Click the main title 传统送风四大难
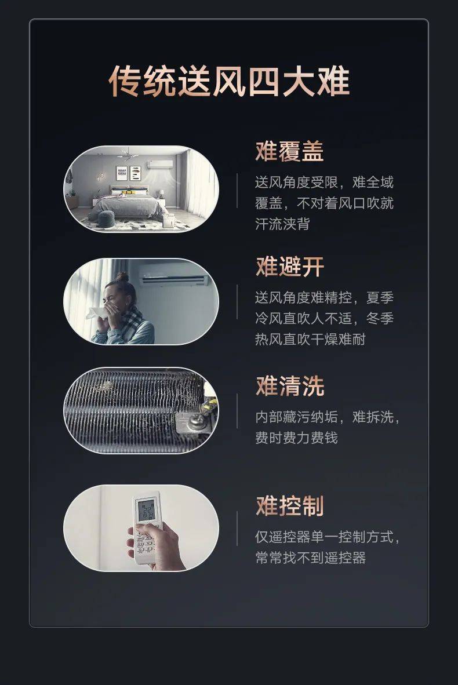click(229, 82)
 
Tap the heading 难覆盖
click(289, 152)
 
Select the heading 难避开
click(289, 267)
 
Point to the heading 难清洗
click(289, 387)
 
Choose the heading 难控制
click(289, 506)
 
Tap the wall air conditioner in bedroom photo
click(159, 165)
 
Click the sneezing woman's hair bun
click(122, 276)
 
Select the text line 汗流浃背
click(282, 224)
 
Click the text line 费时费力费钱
click(296, 438)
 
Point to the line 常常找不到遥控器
click(310, 558)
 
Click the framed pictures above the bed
click(128, 173)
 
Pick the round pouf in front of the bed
click(107, 218)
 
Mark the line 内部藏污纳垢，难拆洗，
click(328, 417)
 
